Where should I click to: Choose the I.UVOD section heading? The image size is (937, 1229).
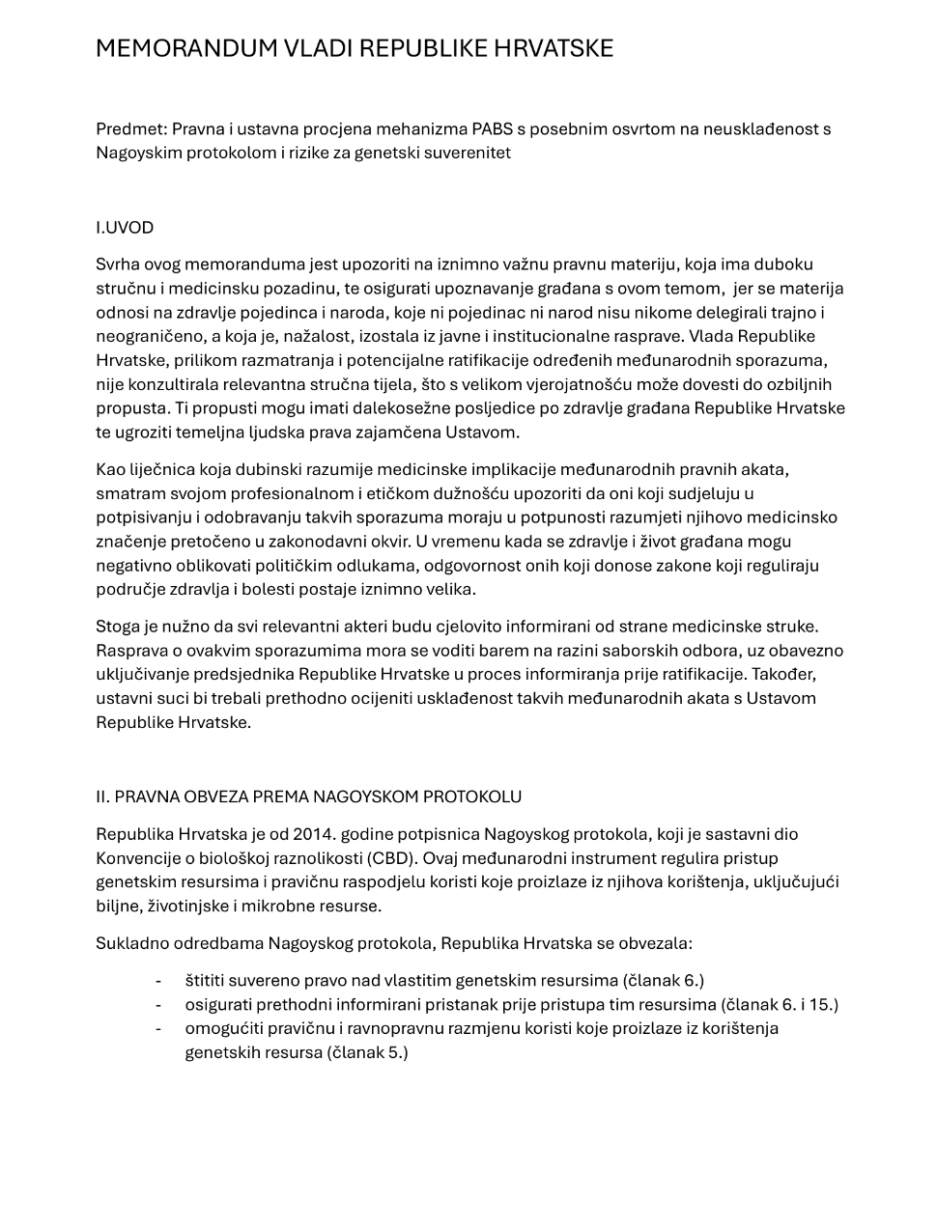125,228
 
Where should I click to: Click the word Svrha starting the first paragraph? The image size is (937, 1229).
117,265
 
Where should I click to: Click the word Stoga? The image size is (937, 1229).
118,627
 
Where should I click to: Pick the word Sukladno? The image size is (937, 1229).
131,943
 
